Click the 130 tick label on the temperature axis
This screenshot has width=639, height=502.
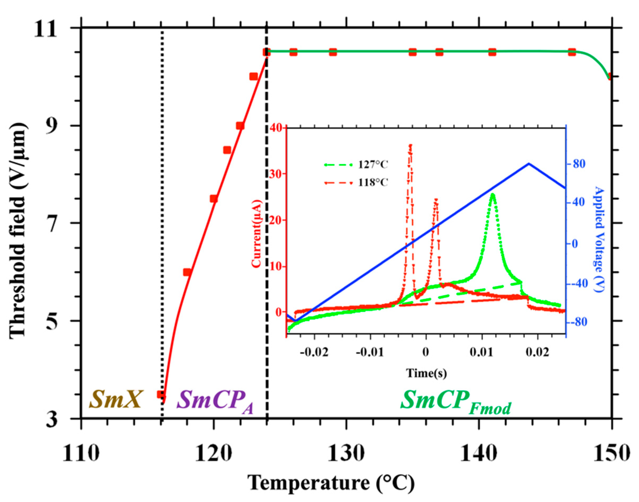pos(346,454)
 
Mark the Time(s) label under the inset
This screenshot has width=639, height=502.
pos(427,373)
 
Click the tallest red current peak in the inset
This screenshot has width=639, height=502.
pos(410,145)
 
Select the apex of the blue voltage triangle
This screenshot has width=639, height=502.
pos(529,163)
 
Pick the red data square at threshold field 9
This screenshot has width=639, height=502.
pos(240,126)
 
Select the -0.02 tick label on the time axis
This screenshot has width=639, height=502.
pos(314,352)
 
